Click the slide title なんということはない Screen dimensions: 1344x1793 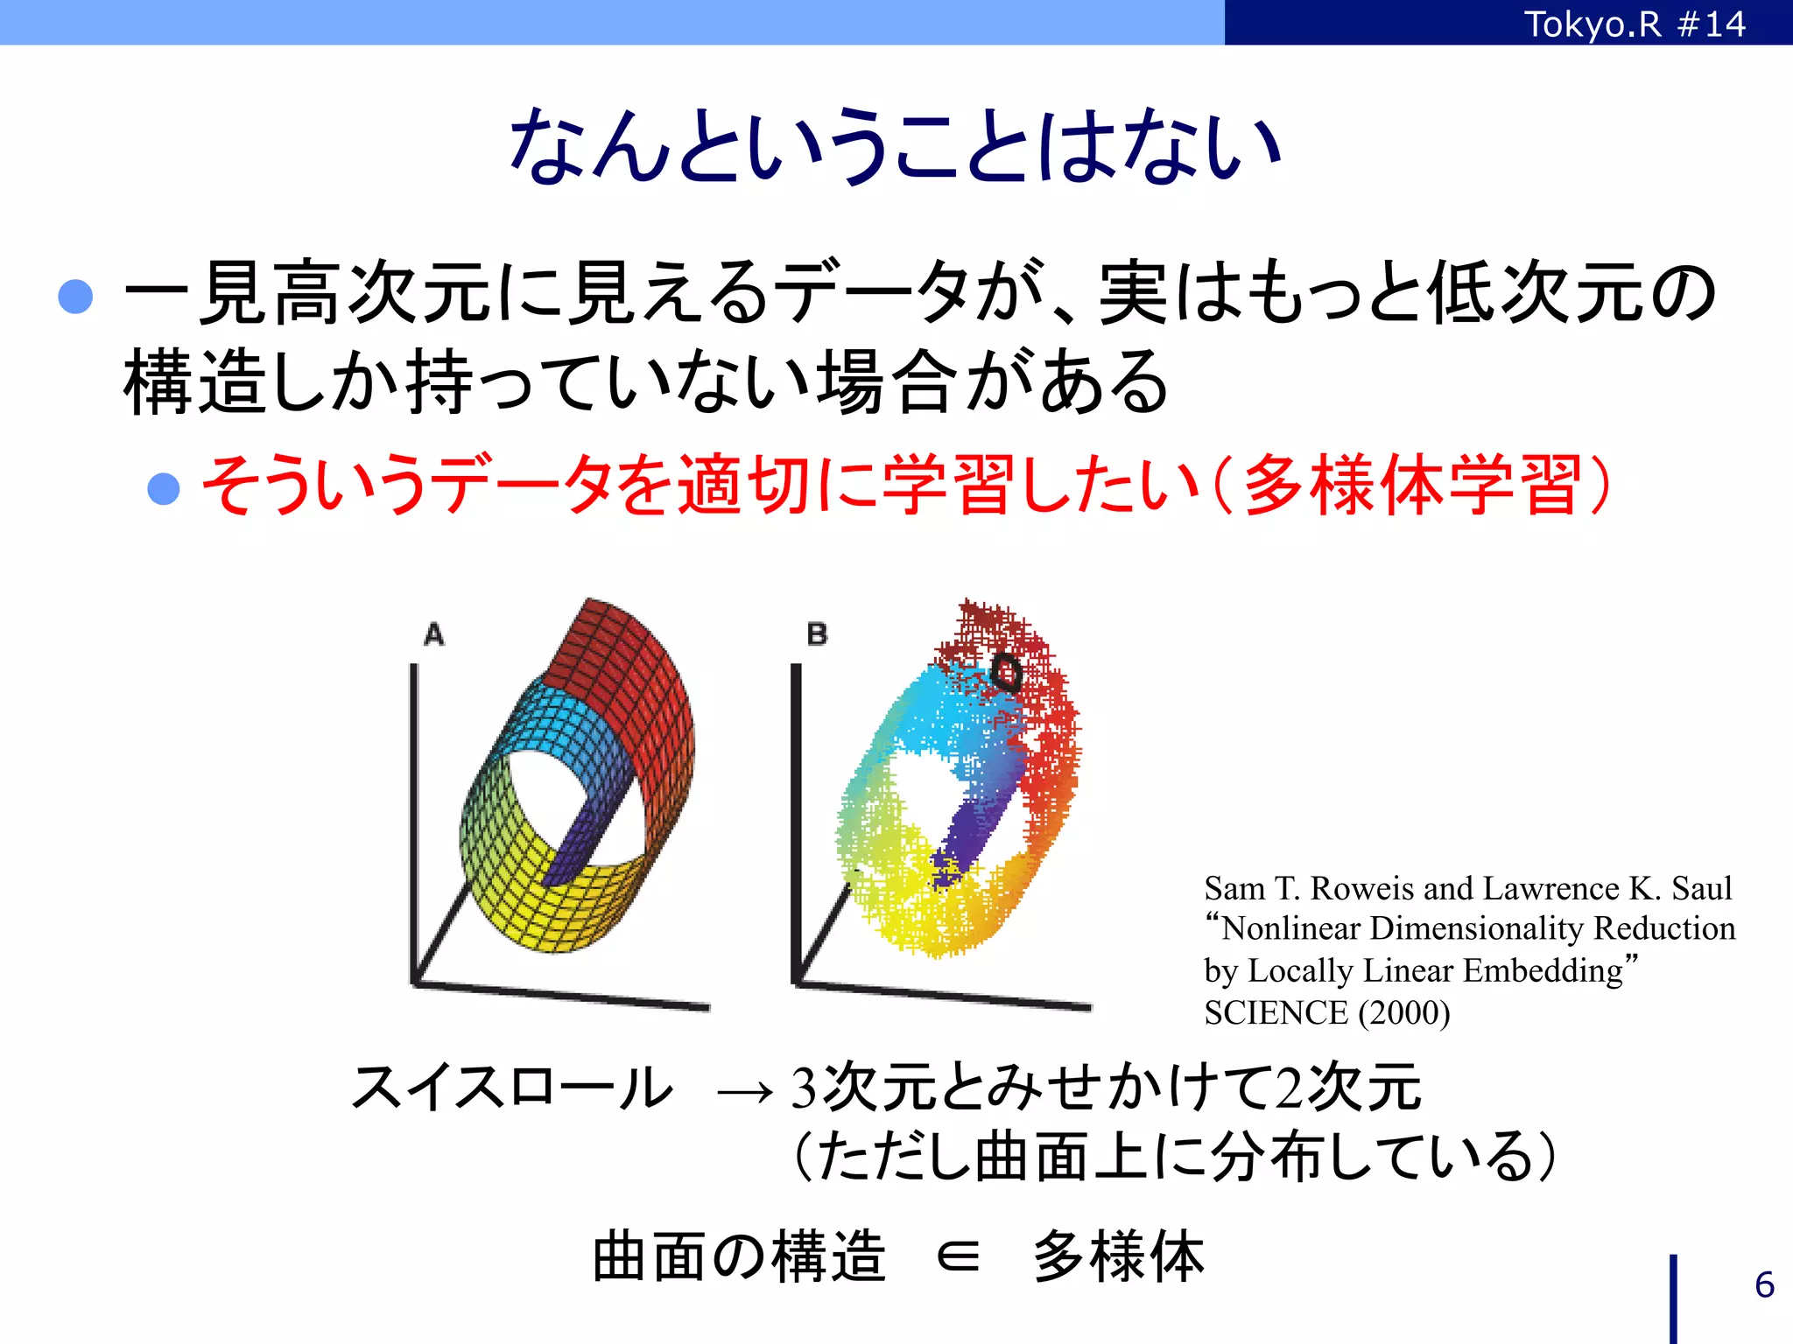[x=895, y=145]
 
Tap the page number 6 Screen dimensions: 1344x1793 [x=1764, y=1284]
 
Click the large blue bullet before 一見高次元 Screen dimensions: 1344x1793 [x=75, y=296]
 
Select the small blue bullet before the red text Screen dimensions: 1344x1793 [x=164, y=488]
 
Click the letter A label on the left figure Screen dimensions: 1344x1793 [x=434, y=634]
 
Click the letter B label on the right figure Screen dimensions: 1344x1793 [x=817, y=634]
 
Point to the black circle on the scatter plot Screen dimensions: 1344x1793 [x=1005, y=672]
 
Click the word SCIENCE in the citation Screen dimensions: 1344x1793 [x=1275, y=1013]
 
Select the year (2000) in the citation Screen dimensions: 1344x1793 [x=1404, y=1013]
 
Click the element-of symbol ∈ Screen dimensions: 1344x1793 [x=958, y=1257]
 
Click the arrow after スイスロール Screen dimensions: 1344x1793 [x=745, y=1090]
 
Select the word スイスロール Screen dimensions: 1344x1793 [x=512, y=1088]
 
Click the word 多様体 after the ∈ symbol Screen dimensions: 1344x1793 [x=1118, y=1256]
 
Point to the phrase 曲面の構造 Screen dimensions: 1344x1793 [x=739, y=1256]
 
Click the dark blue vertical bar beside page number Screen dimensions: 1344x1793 [x=1673, y=1298]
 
